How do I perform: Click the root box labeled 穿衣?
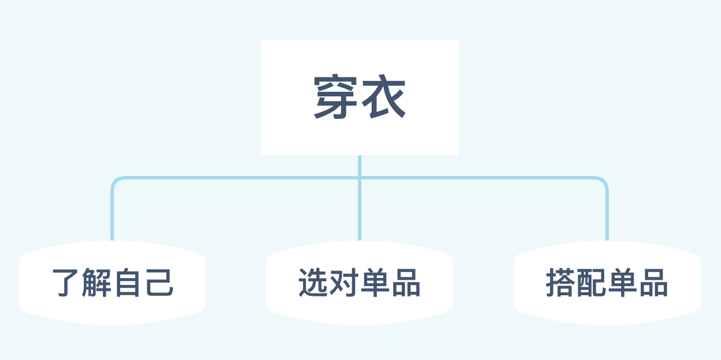pos(359,97)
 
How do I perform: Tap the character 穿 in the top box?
pos(335,98)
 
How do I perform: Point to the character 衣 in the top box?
pos(385,98)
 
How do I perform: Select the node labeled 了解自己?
pos(112,283)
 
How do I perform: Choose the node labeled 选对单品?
pos(359,283)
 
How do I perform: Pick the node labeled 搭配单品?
pos(607,283)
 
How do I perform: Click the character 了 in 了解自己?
pos(66,283)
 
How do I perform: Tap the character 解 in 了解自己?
pos(97,283)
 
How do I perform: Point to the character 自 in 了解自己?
pos(128,283)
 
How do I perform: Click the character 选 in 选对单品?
pos(313,283)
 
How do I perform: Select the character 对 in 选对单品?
pos(344,283)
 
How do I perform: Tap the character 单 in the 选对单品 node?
pos(375,283)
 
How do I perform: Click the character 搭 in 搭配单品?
pos(561,283)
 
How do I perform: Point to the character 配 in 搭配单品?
pos(592,283)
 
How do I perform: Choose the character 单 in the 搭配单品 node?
pos(623,283)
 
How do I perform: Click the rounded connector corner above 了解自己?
pos(115,182)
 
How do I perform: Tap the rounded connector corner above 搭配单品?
pos(604,182)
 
